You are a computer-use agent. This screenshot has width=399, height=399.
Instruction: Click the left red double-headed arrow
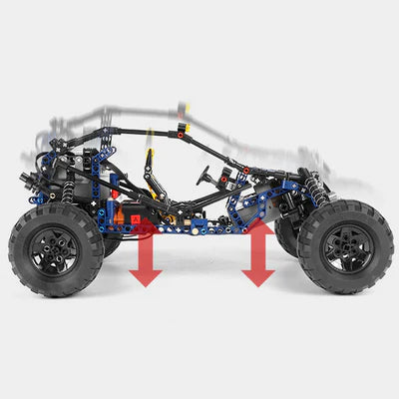(146, 253)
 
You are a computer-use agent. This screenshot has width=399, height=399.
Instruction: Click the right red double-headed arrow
(258, 253)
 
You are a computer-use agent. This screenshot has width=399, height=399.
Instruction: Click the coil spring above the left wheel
(68, 190)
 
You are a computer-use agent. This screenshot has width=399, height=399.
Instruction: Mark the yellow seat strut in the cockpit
(151, 170)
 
